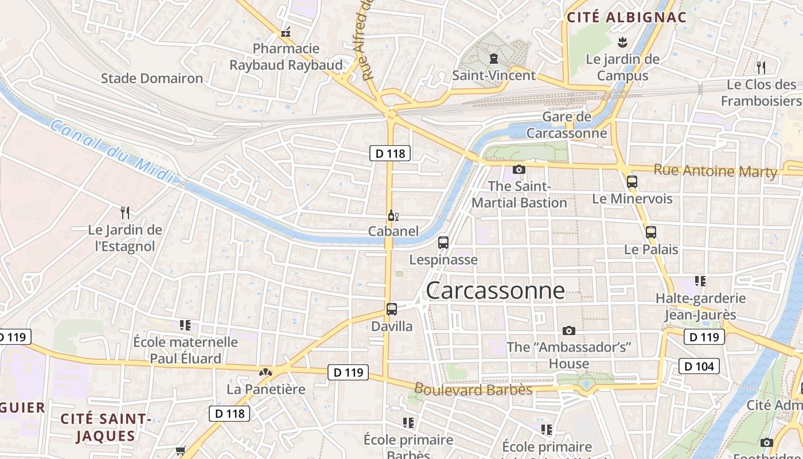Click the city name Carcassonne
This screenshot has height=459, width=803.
click(x=495, y=290)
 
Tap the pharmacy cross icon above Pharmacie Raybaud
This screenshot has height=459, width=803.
click(x=286, y=33)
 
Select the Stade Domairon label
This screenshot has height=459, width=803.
click(x=152, y=78)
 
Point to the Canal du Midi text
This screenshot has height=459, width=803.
click(x=111, y=151)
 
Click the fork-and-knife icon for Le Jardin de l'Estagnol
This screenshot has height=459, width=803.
click(x=125, y=213)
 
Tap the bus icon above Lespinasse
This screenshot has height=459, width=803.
click(x=443, y=243)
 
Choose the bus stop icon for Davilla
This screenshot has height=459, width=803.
click(x=392, y=309)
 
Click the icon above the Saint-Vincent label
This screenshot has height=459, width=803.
click(x=493, y=59)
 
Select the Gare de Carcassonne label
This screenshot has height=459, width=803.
click(x=567, y=125)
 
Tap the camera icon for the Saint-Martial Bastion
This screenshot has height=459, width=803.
click(x=519, y=169)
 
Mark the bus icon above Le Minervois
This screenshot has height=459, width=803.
click(x=632, y=182)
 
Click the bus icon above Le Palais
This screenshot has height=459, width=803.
click(x=651, y=232)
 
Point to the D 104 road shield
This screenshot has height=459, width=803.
click(x=699, y=365)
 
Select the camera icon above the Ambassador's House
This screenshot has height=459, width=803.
click(x=569, y=330)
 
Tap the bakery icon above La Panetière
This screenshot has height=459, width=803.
click(x=265, y=372)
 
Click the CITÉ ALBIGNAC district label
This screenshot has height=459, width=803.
click(x=626, y=17)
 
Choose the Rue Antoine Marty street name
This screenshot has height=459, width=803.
click(x=715, y=170)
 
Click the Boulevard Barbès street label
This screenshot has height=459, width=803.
click(x=473, y=390)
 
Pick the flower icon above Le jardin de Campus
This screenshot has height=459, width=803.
click(x=622, y=42)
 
